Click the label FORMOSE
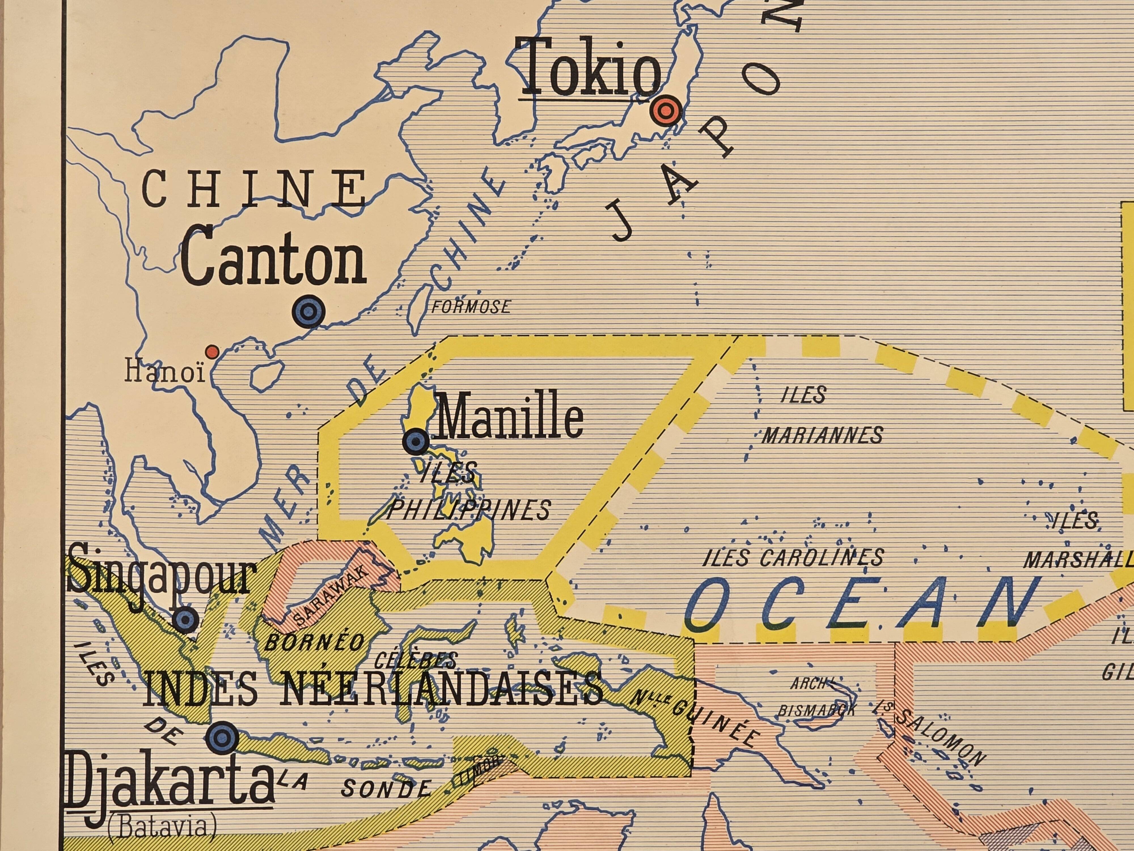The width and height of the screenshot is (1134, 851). (x=471, y=307)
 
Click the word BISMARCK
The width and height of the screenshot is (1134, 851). (x=817, y=711)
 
